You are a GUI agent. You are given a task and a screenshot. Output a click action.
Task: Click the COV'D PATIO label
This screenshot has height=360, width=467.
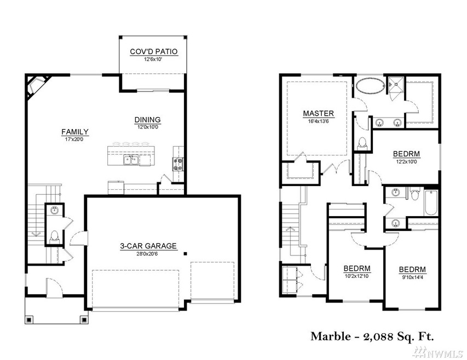[x=153, y=52]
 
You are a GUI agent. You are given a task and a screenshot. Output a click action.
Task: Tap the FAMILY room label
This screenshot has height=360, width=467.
[x=75, y=131]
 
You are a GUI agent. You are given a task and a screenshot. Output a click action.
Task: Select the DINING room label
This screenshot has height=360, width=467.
[x=148, y=120]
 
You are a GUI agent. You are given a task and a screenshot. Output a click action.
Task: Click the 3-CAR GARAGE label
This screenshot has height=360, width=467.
[x=148, y=246]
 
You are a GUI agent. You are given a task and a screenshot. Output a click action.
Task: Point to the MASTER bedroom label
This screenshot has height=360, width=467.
[x=318, y=114]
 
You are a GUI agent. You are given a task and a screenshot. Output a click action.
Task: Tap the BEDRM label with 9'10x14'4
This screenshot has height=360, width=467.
[x=412, y=269]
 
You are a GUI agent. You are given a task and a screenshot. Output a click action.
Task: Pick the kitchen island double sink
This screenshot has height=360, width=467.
[x=130, y=160]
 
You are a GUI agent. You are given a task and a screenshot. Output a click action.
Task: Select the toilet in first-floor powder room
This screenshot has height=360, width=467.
[x=54, y=237]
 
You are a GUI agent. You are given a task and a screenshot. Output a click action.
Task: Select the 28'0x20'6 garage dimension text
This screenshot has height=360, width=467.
[x=148, y=254]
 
